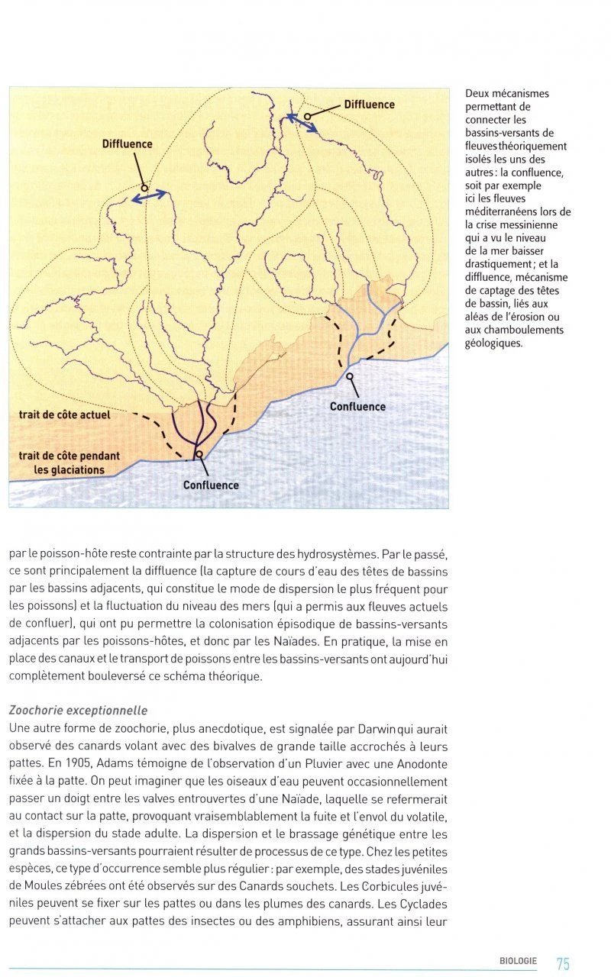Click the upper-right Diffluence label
click(x=369, y=105)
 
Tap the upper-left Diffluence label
click(x=128, y=144)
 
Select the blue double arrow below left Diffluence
click(x=150, y=195)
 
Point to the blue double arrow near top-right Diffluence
click(x=302, y=123)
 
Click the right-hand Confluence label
click(x=357, y=407)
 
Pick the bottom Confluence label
click(x=211, y=485)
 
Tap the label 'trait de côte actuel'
click(x=64, y=415)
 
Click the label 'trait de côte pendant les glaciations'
click(x=69, y=463)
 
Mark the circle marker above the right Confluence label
click(x=350, y=376)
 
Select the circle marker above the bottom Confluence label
click(x=199, y=454)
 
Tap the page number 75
click(x=563, y=964)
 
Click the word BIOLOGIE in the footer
click(x=518, y=962)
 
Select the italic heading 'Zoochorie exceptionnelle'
click(x=78, y=711)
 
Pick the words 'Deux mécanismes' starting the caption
click(x=507, y=94)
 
